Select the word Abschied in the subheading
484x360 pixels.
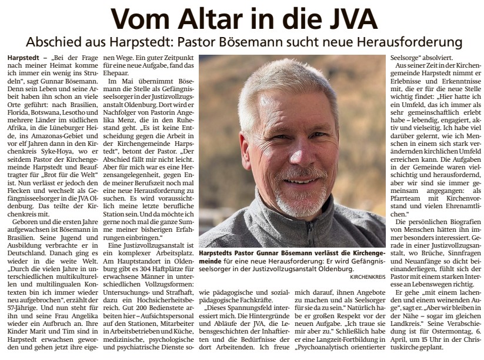[54, 43]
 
